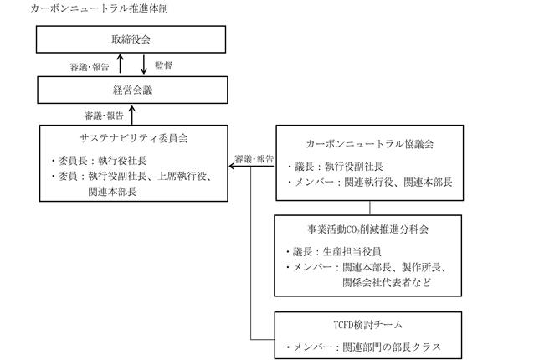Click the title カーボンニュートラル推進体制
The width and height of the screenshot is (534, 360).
(x=99, y=8)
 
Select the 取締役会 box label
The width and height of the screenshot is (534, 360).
(x=131, y=39)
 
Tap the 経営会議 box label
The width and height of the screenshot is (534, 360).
(x=132, y=90)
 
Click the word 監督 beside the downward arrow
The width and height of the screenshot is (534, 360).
(x=163, y=65)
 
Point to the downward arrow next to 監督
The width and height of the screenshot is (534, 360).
(x=144, y=64)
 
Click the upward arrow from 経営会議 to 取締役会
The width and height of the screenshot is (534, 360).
(x=120, y=64)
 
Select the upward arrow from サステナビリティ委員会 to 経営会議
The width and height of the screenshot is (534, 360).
(x=132, y=116)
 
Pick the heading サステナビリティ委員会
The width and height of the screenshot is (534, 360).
(x=134, y=138)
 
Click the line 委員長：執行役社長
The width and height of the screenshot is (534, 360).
(x=99, y=161)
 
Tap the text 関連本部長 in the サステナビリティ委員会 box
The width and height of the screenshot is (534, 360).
(x=112, y=192)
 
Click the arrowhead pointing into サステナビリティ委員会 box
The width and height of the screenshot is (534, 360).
(x=232, y=166)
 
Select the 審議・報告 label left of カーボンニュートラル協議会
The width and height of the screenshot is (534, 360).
(x=254, y=159)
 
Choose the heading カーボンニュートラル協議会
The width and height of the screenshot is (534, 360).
(x=370, y=144)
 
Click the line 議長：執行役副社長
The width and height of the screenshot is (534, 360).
(x=335, y=167)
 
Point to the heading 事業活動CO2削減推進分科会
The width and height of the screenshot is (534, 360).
(x=368, y=229)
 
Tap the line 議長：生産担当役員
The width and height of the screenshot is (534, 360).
(x=333, y=252)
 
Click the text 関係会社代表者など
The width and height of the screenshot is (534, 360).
(x=387, y=282)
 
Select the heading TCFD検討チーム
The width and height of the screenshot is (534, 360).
(x=368, y=325)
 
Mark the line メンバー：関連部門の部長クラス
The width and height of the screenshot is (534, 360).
(x=363, y=347)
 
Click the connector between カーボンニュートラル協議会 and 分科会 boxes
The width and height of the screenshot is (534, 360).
(x=370, y=208)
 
